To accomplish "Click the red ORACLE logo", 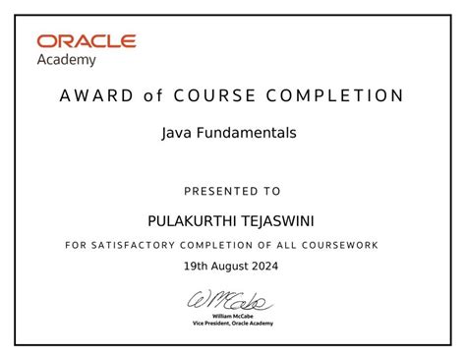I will click(x=87, y=42).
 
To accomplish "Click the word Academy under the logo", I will click(x=67, y=60).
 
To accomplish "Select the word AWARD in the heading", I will click(x=93, y=96).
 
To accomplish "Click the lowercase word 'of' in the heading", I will click(x=150, y=96).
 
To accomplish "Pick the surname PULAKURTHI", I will click(x=184, y=218).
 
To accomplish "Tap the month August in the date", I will click(x=233, y=267).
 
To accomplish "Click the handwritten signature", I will click(x=232, y=300).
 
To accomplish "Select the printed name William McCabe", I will click(x=233, y=316).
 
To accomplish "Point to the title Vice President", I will click(x=214, y=324).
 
